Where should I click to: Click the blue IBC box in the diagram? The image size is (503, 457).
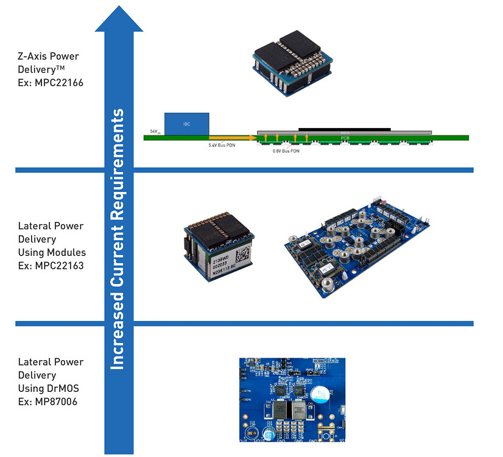click(x=186, y=124)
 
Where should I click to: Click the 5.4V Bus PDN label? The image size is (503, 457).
click(x=222, y=146)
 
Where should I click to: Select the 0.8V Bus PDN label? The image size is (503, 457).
click(x=286, y=151)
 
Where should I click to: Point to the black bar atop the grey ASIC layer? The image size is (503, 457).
click(x=344, y=129)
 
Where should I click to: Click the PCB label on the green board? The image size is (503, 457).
click(x=343, y=138)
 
